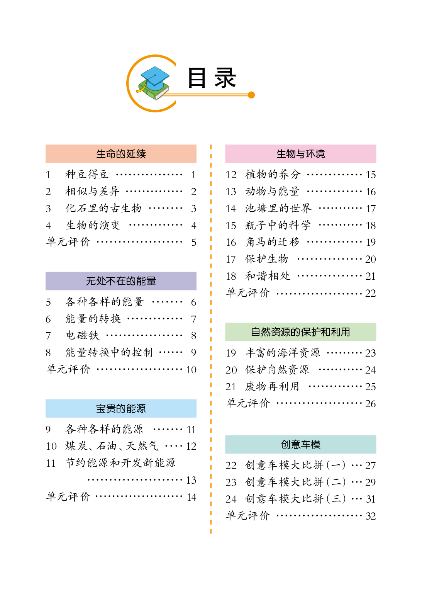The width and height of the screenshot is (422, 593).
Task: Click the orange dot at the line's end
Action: (x=251, y=95)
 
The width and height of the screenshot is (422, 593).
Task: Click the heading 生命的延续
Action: (x=121, y=154)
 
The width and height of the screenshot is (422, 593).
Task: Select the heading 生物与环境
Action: (x=300, y=154)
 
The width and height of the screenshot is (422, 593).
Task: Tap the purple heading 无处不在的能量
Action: (x=121, y=281)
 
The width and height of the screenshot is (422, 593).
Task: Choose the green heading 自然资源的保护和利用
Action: (x=300, y=332)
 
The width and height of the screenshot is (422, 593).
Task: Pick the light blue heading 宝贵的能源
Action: (x=121, y=408)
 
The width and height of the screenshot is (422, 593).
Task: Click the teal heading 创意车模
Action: (x=300, y=444)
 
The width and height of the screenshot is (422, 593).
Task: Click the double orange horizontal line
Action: (x=208, y=95)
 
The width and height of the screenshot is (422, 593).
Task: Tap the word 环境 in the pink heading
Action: (x=315, y=154)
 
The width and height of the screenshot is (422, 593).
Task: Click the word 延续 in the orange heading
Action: (x=136, y=154)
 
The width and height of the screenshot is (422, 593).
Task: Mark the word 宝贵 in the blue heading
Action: (x=106, y=408)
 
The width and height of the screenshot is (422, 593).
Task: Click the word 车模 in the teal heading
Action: (x=310, y=444)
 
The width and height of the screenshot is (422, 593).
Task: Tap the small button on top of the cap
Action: (x=155, y=75)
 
